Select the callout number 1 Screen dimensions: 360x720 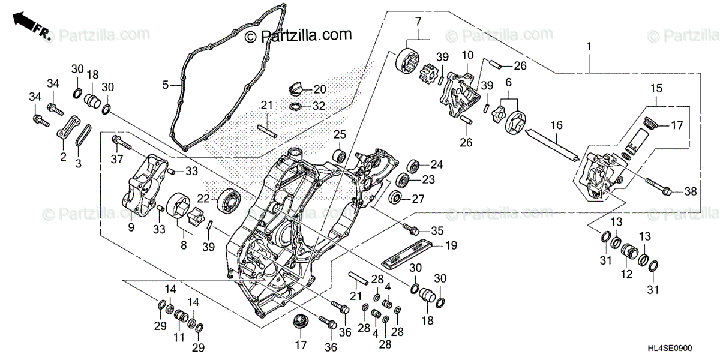point(589,46)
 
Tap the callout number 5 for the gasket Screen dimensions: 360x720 point(166,86)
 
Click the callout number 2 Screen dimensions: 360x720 point(63,157)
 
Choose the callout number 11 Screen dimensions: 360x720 point(178,338)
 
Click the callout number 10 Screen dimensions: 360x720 point(468,56)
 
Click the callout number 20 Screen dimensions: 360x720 point(320,89)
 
